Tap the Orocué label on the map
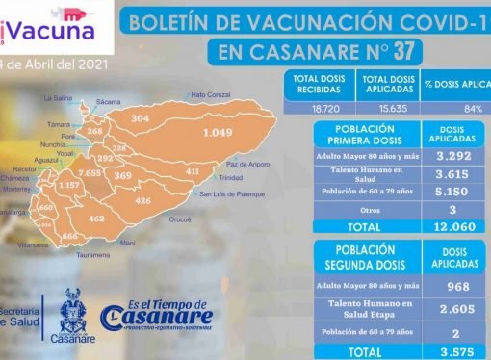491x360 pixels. (x=180, y=219)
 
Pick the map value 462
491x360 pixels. (x=97, y=219)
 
